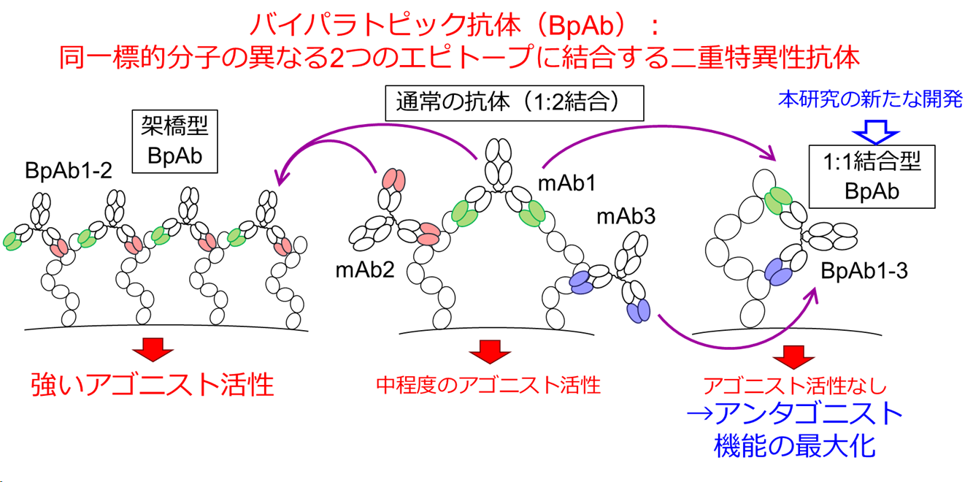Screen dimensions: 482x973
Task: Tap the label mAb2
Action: pos(365,270)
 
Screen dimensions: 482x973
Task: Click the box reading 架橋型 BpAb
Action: pos(174,142)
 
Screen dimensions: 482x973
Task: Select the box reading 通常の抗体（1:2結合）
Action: pos(514,103)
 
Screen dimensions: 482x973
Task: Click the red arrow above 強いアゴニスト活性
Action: pos(153,348)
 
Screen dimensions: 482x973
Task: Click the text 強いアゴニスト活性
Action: pos(153,384)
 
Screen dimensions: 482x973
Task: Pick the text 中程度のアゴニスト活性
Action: pos(488,384)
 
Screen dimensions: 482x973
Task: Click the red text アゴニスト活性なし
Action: pos(793,386)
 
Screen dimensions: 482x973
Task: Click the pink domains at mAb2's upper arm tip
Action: pos(393,180)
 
